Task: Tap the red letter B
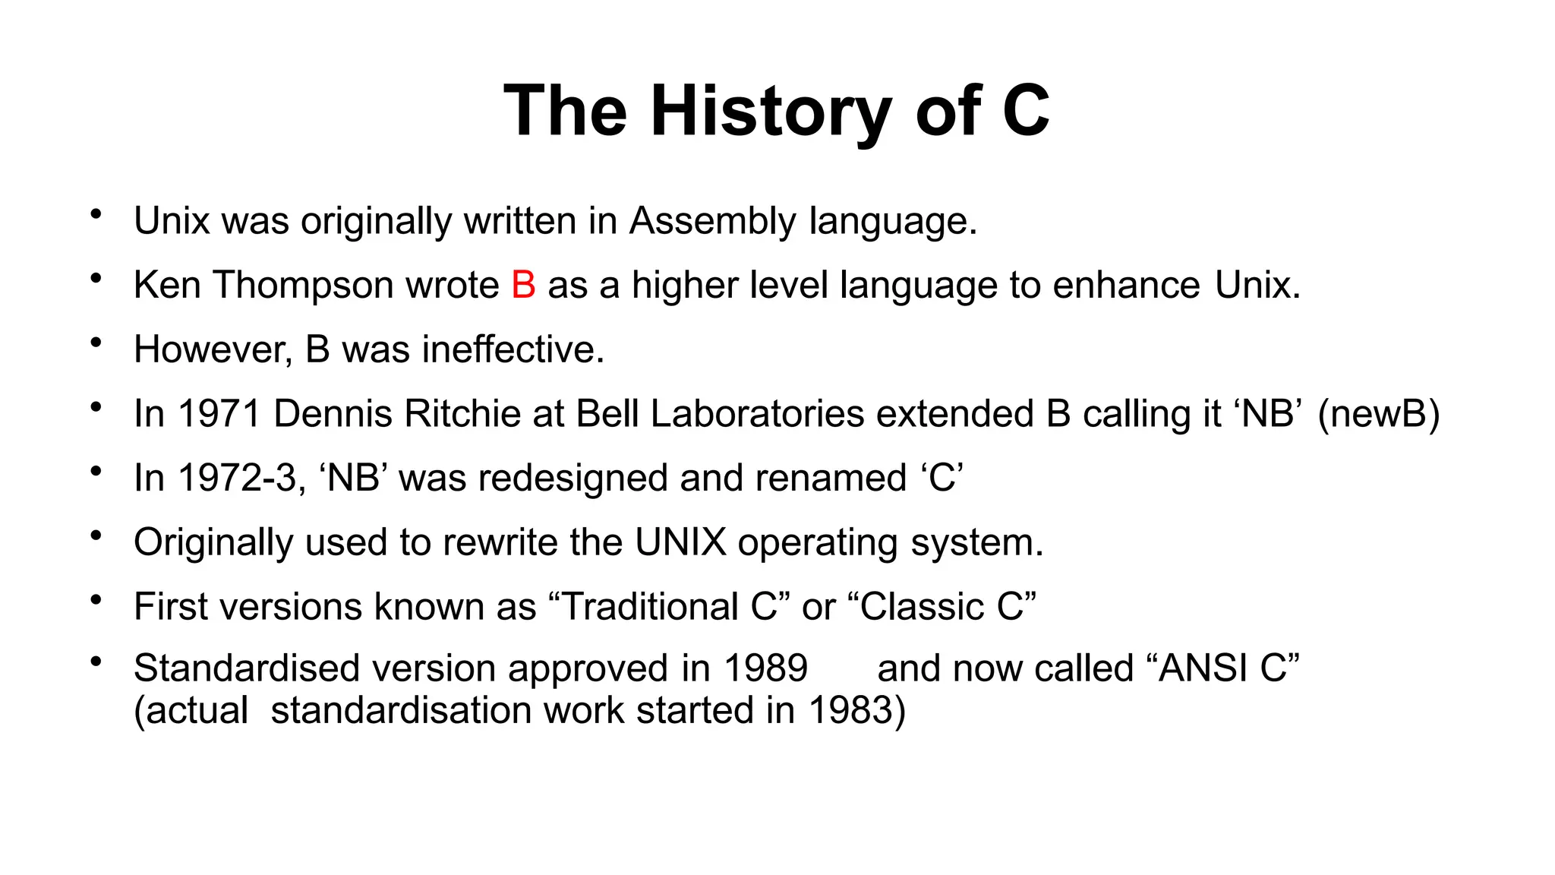[x=523, y=286]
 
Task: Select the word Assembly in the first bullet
[x=712, y=221]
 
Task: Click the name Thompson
[x=302, y=286]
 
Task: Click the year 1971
[x=219, y=415]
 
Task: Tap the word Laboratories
[x=757, y=415]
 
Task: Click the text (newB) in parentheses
[x=1378, y=415]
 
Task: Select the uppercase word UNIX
[x=680, y=543]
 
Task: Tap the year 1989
[x=765, y=668]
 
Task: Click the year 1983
[x=850, y=711]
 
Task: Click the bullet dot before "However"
[x=96, y=343]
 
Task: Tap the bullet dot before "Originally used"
[x=96, y=536]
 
